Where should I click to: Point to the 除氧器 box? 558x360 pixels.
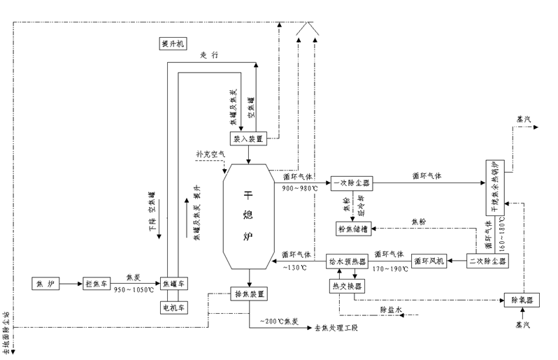click(x=520, y=300)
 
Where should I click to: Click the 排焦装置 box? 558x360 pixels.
click(x=249, y=294)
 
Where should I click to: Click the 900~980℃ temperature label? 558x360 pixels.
click(x=300, y=187)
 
